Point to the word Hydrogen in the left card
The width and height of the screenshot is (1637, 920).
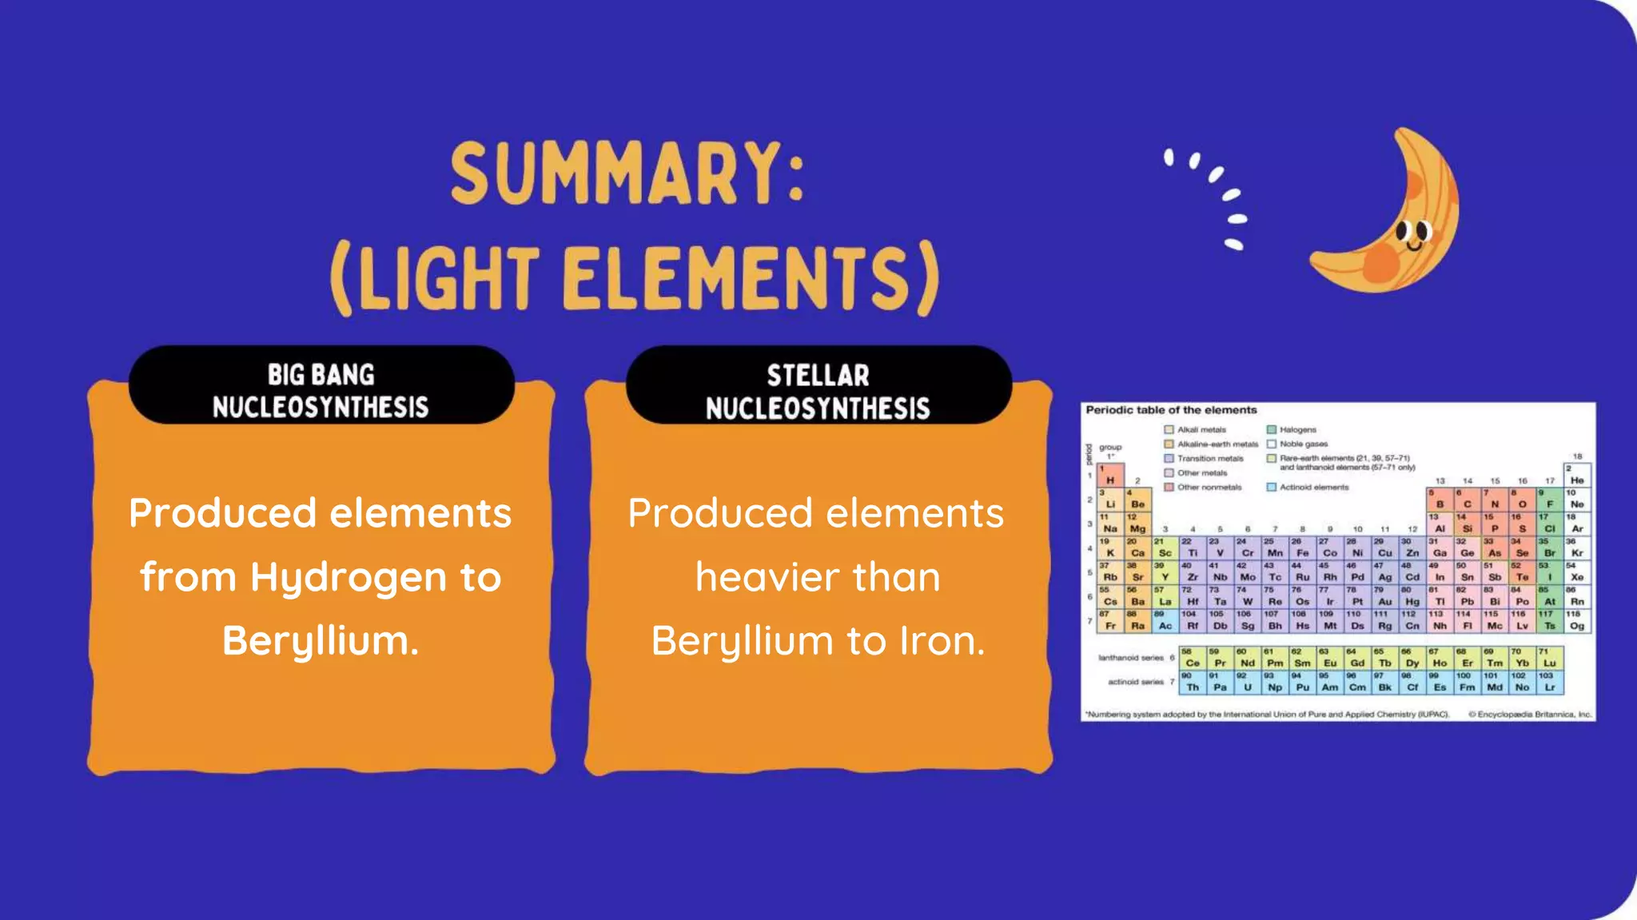point(348,577)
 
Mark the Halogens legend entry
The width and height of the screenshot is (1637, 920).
point(1296,430)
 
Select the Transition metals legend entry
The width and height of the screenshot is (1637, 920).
point(1209,459)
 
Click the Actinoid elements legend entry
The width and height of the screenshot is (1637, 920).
point(1313,487)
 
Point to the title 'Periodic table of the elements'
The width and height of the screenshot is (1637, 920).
point(1171,410)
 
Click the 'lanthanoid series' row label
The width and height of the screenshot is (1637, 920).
point(1130,658)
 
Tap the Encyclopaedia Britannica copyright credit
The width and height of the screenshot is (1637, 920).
point(1530,715)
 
